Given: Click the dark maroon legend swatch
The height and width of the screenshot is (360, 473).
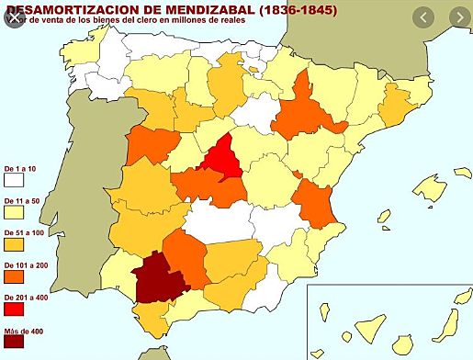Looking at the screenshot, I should tap(13, 345).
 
